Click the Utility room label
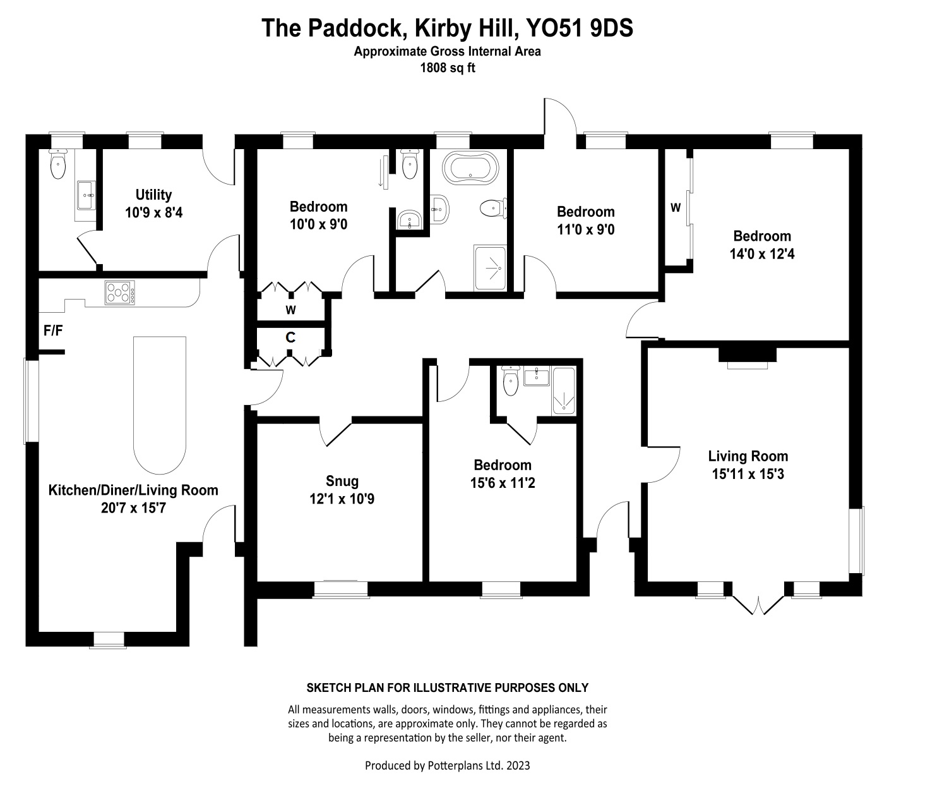pyautogui.click(x=153, y=195)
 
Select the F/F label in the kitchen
pyautogui.click(x=53, y=330)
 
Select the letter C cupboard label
pyautogui.click(x=290, y=337)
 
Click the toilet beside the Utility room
pyautogui.click(x=58, y=166)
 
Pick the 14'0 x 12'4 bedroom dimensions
pyautogui.click(x=762, y=254)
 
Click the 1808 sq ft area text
pyautogui.click(x=447, y=68)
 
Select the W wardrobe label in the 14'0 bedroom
pyautogui.click(x=675, y=207)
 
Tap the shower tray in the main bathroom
pyautogui.click(x=490, y=268)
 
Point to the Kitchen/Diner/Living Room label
pyautogui.click(x=133, y=490)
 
